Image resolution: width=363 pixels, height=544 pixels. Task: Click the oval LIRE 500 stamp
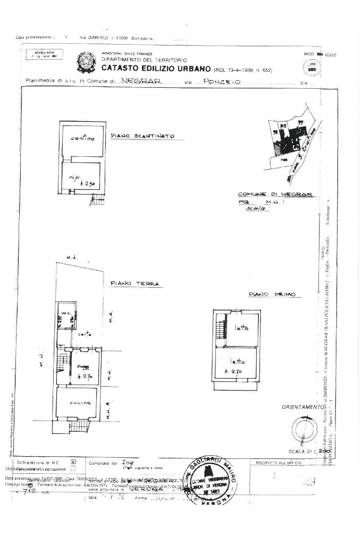(x=312, y=68)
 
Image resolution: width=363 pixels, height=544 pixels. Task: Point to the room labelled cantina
(x=82, y=139)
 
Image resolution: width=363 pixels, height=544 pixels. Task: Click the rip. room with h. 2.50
(x=83, y=179)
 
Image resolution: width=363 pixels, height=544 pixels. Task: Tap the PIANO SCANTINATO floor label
(x=142, y=136)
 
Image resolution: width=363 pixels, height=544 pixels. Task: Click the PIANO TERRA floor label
(x=135, y=284)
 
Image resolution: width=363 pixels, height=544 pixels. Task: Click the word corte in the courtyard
(x=84, y=334)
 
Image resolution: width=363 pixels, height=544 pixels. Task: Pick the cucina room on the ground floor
(x=78, y=403)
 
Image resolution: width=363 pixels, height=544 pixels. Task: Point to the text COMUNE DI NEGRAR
(x=275, y=195)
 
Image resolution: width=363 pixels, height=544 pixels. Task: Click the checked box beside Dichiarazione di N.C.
(x=73, y=462)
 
